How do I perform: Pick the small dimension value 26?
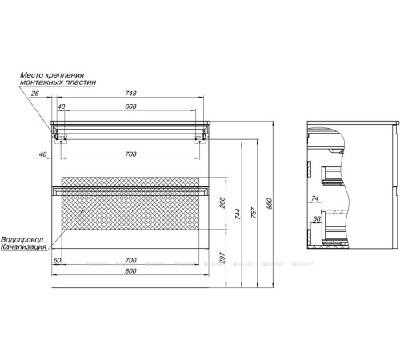(34, 92)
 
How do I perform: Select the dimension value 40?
(61, 106)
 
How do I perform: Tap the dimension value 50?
(58, 261)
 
